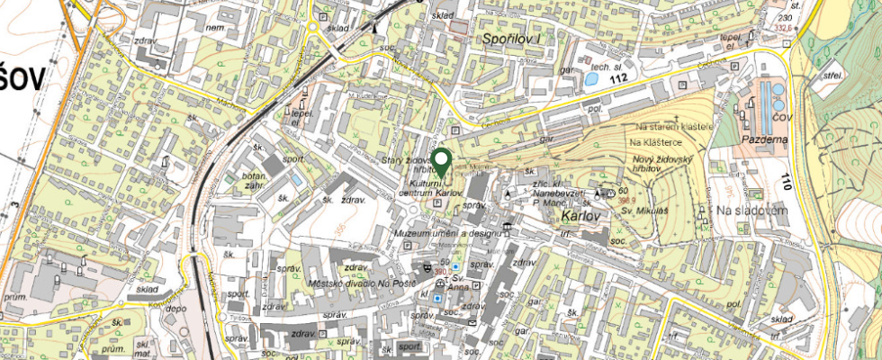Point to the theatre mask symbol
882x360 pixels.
click(427, 267)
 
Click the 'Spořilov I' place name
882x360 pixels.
click(509, 39)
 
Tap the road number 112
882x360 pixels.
click(616, 79)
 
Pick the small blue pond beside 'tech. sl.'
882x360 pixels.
click(590, 78)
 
